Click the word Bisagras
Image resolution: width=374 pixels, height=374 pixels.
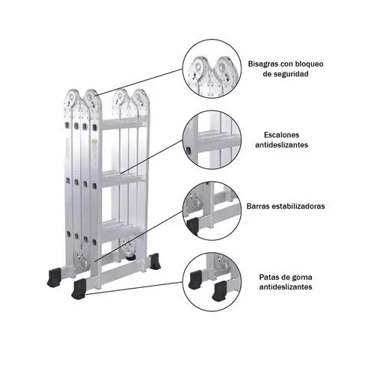coord(263,64)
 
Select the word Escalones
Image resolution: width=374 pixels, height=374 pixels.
coord(281,135)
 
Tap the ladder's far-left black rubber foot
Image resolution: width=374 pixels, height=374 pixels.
coord(54,277)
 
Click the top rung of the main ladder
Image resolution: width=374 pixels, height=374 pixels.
coord(123,124)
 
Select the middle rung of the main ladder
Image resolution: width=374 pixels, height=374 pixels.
coord(123,179)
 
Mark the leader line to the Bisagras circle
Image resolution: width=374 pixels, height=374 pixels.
coord(139,82)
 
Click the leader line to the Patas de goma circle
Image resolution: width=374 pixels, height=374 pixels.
coord(134,289)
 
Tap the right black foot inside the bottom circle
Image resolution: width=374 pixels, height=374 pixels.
coord(220,289)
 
